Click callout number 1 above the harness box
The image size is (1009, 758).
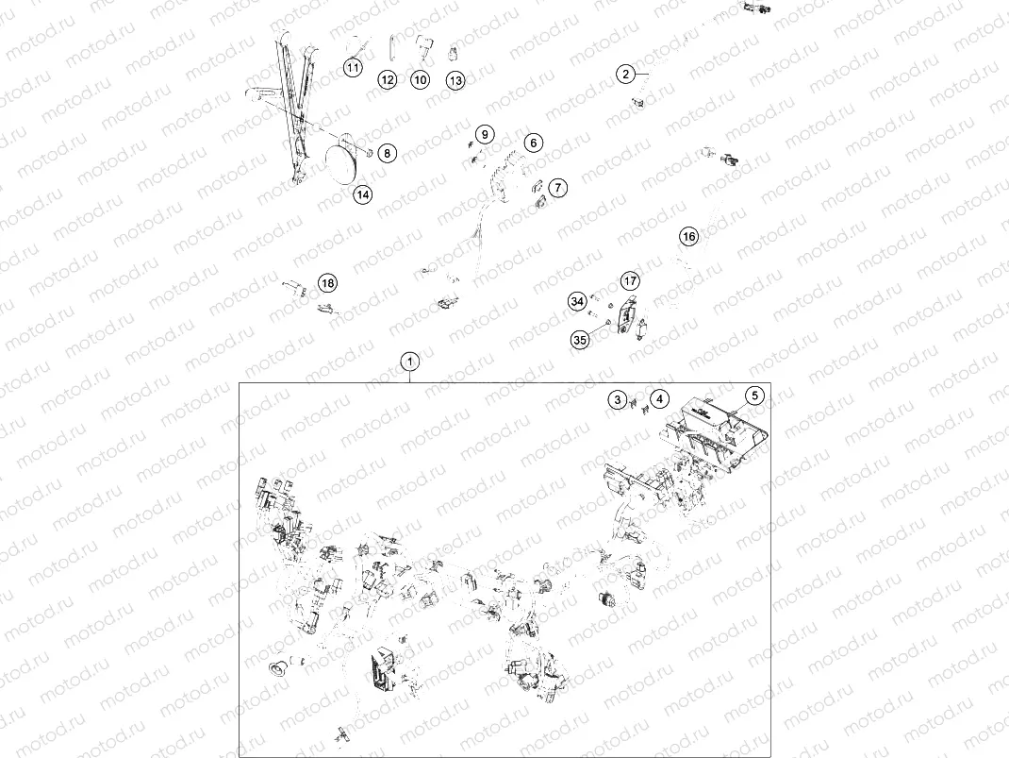(410, 362)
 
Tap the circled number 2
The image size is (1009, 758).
(625, 74)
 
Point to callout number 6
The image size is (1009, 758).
(534, 143)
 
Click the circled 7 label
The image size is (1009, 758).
(558, 188)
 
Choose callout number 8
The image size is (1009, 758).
(388, 153)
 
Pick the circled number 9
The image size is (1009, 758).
(486, 135)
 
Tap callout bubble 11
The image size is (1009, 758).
(353, 68)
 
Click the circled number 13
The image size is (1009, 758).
(455, 80)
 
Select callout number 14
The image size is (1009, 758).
(363, 194)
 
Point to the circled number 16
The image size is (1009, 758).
(689, 236)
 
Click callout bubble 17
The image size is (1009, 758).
(630, 280)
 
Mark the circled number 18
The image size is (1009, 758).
(328, 283)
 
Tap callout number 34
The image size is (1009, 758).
(577, 301)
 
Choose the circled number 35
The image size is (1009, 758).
(580, 340)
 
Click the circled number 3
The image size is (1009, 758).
(618, 400)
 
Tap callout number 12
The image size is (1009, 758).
(388, 80)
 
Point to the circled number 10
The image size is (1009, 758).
(421, 80)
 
